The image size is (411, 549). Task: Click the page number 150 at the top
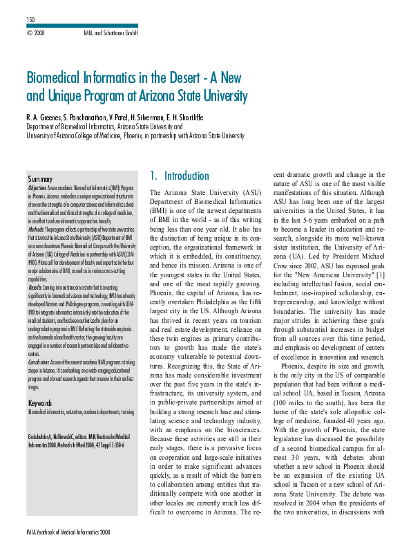30,19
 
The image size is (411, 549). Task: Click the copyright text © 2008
35,32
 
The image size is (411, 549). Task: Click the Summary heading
41,179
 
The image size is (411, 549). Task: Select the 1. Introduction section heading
180,176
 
